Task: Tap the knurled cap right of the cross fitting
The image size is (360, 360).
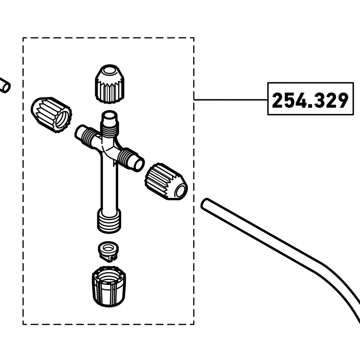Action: tap(166, 182)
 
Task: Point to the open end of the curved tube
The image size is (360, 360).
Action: tap(205, 204)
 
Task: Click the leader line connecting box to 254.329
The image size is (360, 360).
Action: tap(231, 99)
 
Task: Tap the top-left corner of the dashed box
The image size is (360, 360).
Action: tap(23, 38)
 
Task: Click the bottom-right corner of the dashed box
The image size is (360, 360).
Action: tap(194, 324)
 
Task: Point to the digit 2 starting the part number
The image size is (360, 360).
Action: tap(278, 100)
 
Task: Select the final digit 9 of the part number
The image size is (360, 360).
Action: tap(341, 100)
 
